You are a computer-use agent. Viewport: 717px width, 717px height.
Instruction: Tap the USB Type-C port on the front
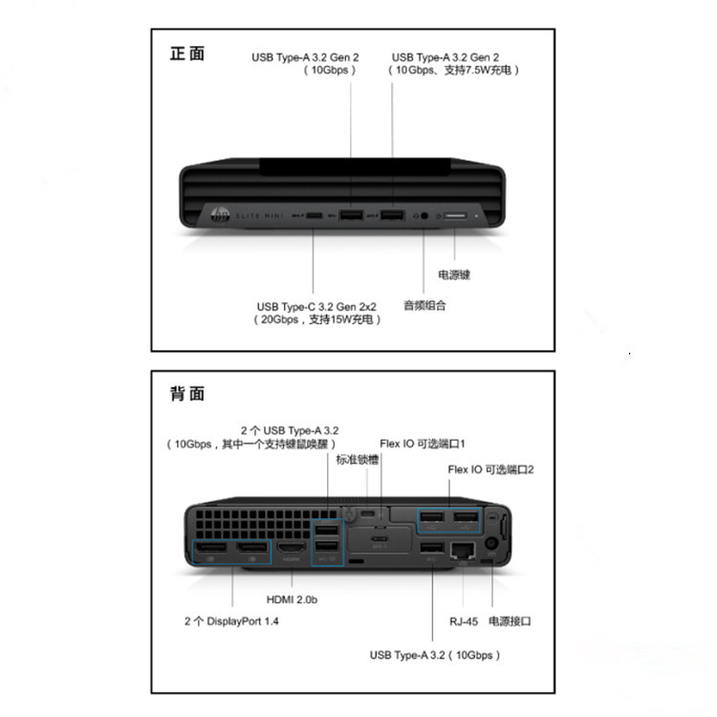(315, 217)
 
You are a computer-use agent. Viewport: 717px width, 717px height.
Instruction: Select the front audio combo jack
(424, 217)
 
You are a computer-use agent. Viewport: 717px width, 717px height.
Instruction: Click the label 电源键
(454, 274)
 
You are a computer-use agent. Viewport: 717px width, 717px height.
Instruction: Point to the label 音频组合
(424, 306)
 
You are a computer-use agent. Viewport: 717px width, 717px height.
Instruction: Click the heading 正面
(186, 54)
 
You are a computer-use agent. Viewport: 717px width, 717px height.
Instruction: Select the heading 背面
(186, 393)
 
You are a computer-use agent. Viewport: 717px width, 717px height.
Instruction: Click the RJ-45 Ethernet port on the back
(464, 550)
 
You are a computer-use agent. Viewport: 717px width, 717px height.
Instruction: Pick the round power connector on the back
(493, 544)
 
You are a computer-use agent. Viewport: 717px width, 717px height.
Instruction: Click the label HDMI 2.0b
(292, 599)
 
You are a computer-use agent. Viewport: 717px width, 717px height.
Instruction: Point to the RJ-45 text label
(465, 620)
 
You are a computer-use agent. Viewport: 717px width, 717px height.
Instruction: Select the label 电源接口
(510, 620)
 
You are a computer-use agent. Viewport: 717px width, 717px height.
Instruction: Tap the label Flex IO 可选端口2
(490, 469)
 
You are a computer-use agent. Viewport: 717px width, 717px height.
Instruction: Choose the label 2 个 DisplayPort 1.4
(231, 620)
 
